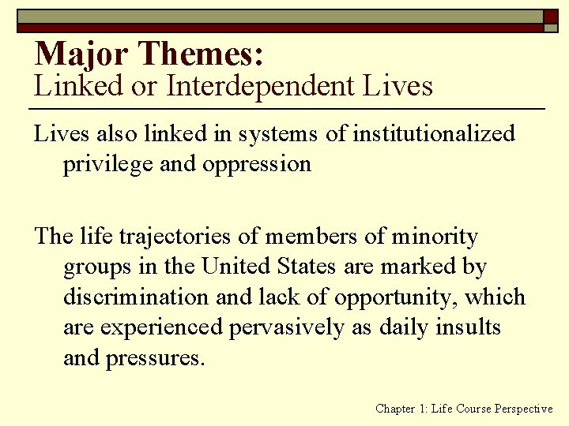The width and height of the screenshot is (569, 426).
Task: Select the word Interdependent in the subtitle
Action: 261,86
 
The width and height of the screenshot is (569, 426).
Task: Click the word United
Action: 237,267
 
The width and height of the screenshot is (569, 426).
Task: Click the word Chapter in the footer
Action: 394,409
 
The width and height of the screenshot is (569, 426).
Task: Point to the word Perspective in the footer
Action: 523,409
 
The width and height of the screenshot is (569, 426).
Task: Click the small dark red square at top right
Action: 549,16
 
